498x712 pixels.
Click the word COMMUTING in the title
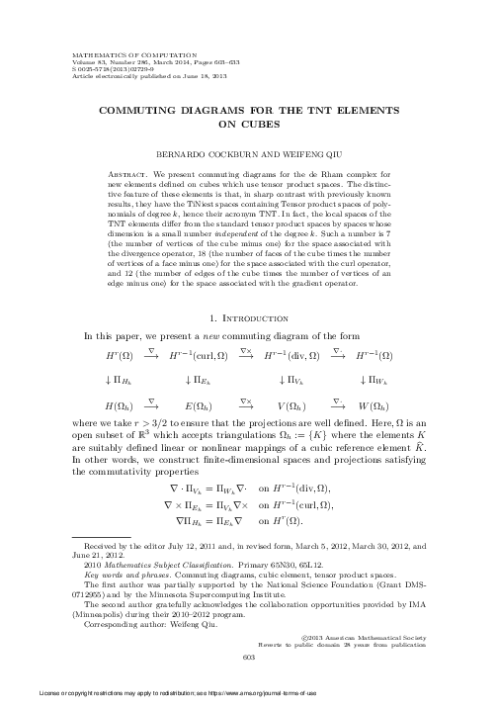(141, 112)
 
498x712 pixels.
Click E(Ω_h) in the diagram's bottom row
(204, 405)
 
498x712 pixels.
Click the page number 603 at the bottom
(249, 659)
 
